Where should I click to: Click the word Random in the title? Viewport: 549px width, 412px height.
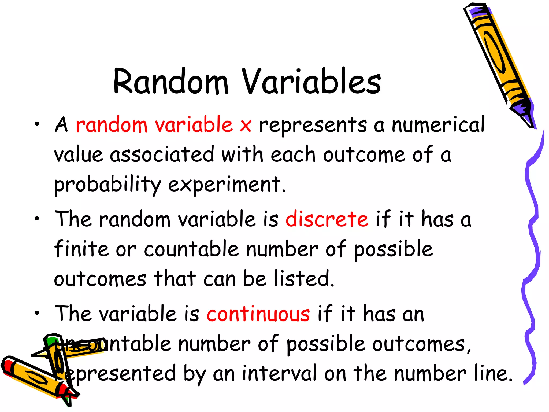[171, 82]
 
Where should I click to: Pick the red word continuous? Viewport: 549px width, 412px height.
[258, 314]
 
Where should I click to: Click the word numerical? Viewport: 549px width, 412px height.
[438, 125]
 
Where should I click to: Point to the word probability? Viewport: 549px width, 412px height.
[107, 185]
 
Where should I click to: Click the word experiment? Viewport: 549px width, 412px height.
[227, 185]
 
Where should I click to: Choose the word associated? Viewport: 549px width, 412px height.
[162, 155]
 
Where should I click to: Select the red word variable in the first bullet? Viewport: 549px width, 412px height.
[194, 125]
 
